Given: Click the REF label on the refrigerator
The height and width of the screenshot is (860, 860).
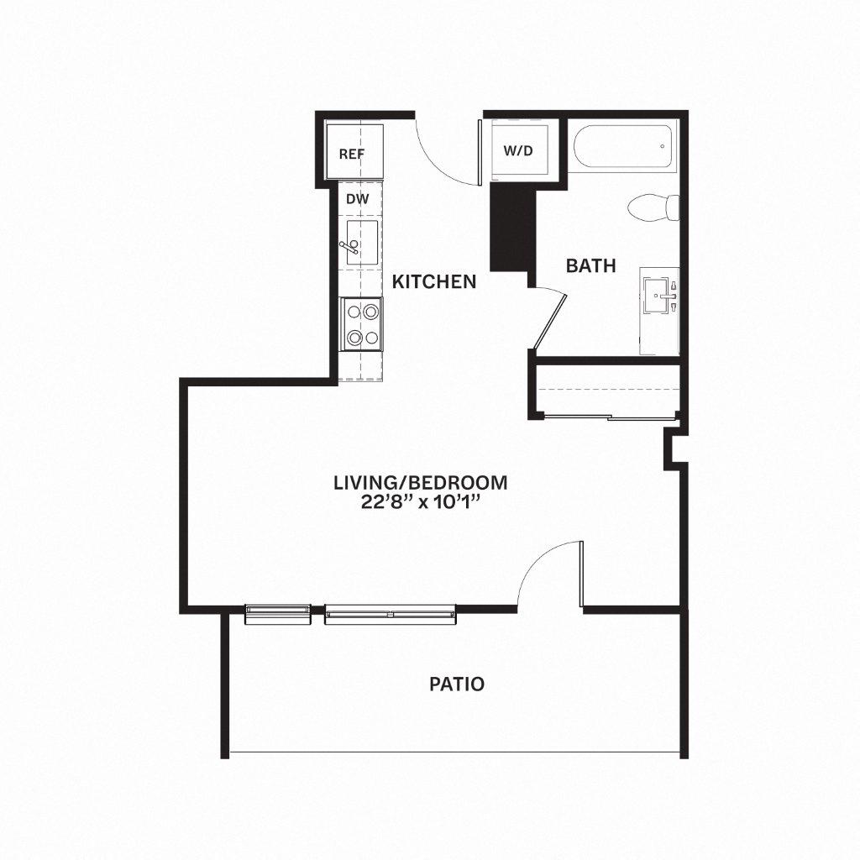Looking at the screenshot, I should [351, 154].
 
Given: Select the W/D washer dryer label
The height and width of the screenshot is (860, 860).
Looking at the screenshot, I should [518, 151].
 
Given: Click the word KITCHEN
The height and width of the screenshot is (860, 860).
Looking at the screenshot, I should [435, 281].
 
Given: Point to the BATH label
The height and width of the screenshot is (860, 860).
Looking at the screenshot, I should [590, 266].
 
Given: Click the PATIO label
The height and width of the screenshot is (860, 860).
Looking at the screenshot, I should [457, 684].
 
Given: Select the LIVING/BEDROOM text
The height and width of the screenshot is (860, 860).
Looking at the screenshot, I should [421, 483].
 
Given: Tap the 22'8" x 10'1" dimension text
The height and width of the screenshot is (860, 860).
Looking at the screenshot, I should [421, 503].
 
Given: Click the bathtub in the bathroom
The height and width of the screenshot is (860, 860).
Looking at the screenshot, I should [623, 148].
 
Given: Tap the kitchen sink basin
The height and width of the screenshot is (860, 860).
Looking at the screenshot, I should [362, 242].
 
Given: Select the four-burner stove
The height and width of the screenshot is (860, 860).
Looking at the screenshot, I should [361, 324].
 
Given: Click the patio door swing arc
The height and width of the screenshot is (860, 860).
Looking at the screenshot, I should [546, 571].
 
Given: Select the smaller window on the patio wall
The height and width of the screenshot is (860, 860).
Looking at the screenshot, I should [276, 614].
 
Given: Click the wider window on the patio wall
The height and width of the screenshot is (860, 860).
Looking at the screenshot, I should [390, 615].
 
